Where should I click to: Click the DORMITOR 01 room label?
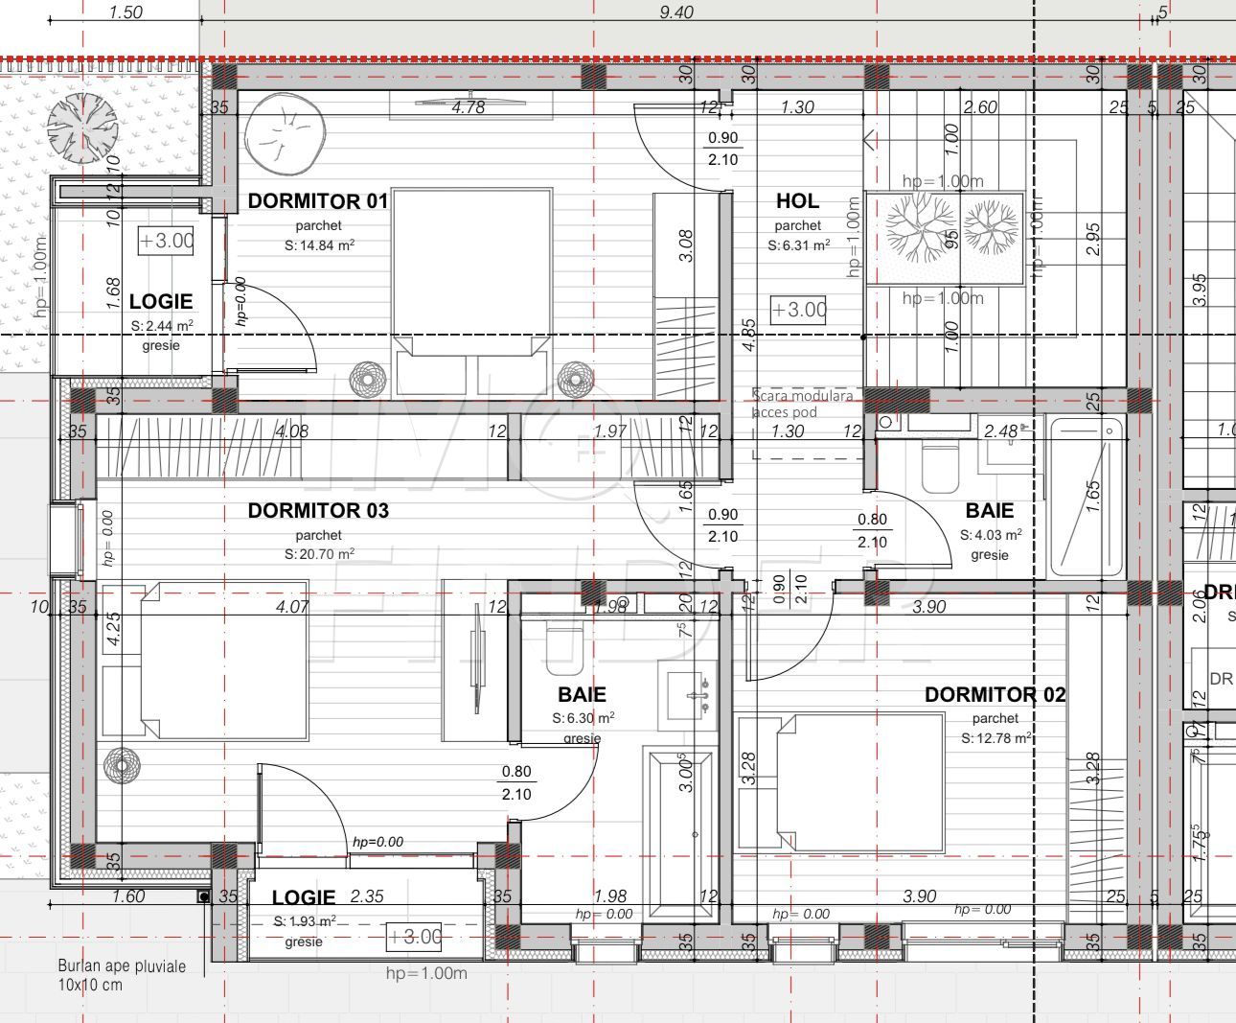pyautogui.click(x=318, y=201)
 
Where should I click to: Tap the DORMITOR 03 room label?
pyautogui.click(x=318, y=511)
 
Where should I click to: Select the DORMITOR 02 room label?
pyautogui.click(x=995, y=695)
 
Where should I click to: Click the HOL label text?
pyautogui.click(x=797, y=201)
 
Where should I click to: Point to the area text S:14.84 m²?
pyautogui.click(x=319, y=245)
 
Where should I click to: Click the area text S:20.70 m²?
pyautogui.click(x=319, y=554)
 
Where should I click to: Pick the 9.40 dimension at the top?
pyautogui.click(x=676, y=12)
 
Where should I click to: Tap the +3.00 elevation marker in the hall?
pyautogui.click(x=799, y=310)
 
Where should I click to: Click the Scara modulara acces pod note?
pyautogui.click(x=803, y=404)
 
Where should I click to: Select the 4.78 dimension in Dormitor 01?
pyautogui.click(x=468, y=107)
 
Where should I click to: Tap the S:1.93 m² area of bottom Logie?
pyautogui.click(x=305, y=921)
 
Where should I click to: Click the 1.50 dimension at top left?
pyautogui.click(x=126, y=12)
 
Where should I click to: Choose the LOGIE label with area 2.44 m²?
pyautogui.click(x=161, y=302)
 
